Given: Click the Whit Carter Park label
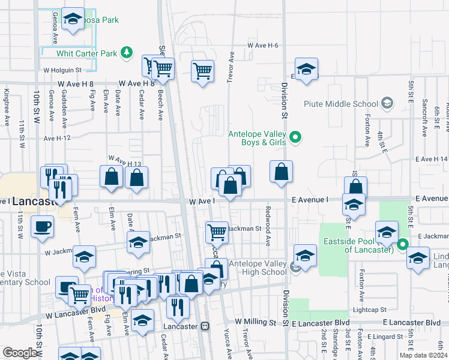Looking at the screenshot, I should [87, 53].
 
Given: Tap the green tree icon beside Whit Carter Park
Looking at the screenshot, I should [126, 53].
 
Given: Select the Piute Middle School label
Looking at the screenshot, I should [341, 104].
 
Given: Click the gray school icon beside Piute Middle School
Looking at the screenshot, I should [387, 104].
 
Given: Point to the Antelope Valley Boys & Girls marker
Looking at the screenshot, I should [295, 138].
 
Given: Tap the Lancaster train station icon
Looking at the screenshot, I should [205, 326].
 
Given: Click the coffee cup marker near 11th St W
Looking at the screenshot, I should [41, 228].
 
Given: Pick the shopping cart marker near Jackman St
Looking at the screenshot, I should [216, 231].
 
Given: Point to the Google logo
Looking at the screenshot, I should [19, 353].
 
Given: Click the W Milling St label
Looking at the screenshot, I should [256, 322].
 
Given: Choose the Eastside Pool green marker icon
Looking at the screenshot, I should [402, 244].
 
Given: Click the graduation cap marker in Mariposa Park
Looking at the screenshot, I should [73, 20].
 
